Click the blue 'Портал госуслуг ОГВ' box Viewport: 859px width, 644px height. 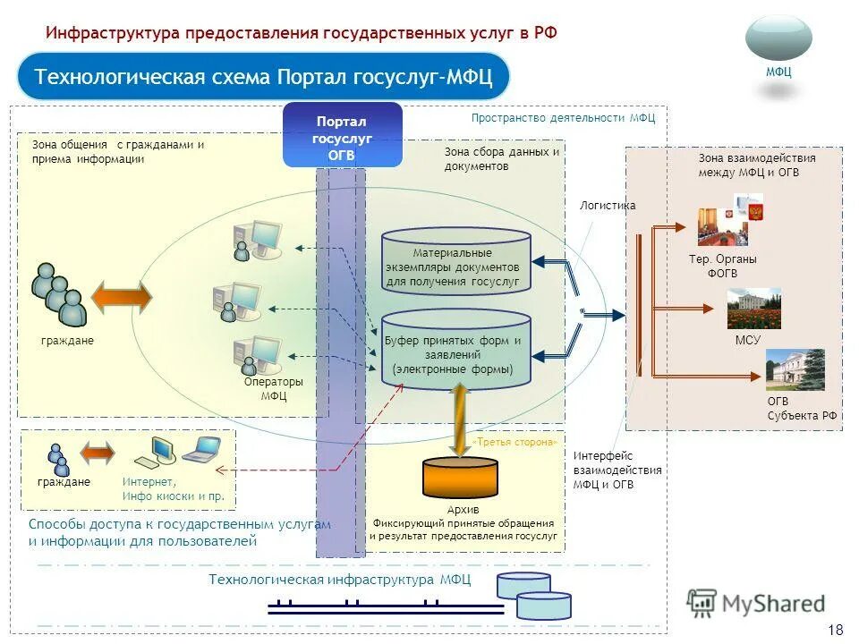click(x=342, y=136)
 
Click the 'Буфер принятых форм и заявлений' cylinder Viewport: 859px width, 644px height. click(x=456, y=349)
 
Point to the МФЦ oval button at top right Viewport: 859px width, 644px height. click(x=778, y=39)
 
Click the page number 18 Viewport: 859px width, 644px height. click(x=836, y=629)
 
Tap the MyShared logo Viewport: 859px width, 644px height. click(x=756, y=604)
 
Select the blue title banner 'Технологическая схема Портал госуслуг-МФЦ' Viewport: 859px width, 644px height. click(x=263, y=77)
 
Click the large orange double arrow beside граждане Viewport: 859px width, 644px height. click(x=122, y=298)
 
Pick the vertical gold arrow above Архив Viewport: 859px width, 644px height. click(x=461, y=419)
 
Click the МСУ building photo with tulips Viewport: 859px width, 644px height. click(x=753, y=309)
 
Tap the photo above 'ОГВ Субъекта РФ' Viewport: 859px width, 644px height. click(x=795, y=369)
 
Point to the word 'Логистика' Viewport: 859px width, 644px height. click(x=608, y=206)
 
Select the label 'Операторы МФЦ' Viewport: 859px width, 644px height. click(x=274, y=389)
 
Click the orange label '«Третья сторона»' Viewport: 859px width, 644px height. click(x=516, y=442)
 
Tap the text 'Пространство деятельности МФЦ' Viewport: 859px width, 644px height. click(x=563, y=117)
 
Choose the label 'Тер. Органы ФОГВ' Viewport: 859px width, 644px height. click(x=722, y=267)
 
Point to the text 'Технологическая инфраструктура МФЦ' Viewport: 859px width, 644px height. click(x=339, y=580)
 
